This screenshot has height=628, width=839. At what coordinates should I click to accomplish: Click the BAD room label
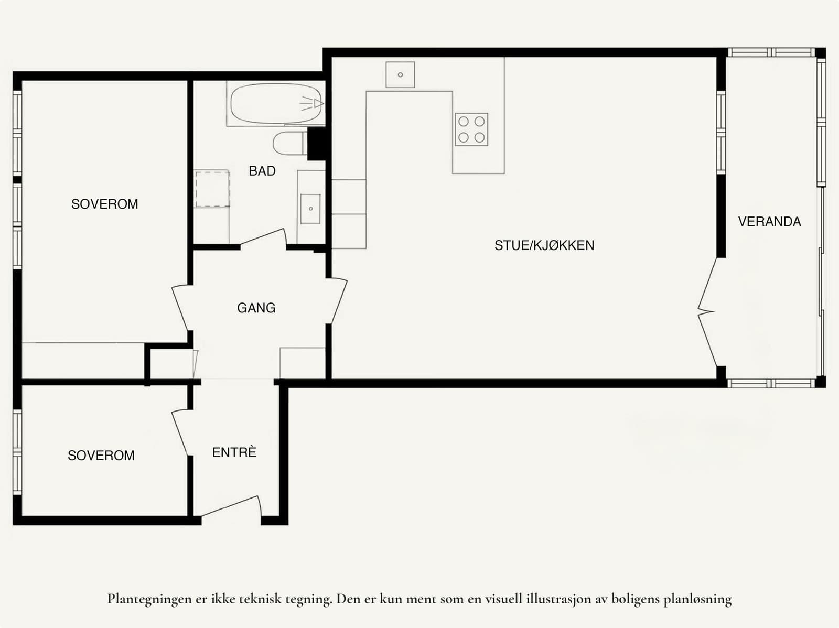[x=262, y=171]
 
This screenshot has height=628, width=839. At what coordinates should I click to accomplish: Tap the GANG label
[x=256, y=308]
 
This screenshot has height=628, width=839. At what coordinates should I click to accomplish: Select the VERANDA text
[x=769, y=222]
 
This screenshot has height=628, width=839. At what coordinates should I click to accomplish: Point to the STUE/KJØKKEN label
[x=544, y=245]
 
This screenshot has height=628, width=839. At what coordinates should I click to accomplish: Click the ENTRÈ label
[x=234, y=452]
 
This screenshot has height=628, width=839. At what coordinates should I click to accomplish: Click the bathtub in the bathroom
[x=276, y=103]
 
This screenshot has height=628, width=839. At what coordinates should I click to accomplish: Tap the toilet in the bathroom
[x=290, y=144]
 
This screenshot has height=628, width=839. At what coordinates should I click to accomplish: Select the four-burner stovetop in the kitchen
[x=471, y=129]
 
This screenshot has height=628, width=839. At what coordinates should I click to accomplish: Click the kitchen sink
[x=400, y=75]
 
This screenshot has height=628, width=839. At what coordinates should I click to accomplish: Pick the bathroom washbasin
[x=310, y=209]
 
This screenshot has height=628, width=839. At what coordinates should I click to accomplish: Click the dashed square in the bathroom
[x=212, y=189]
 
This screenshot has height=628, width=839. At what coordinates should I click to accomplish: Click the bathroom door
[x=264, y=237]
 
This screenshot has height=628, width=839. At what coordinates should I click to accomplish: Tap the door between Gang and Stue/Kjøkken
[x=338, y=301]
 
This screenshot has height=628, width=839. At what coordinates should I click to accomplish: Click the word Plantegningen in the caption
[x=150, y=599]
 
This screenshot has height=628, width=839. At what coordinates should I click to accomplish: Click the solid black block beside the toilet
[x=317, y=144]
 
